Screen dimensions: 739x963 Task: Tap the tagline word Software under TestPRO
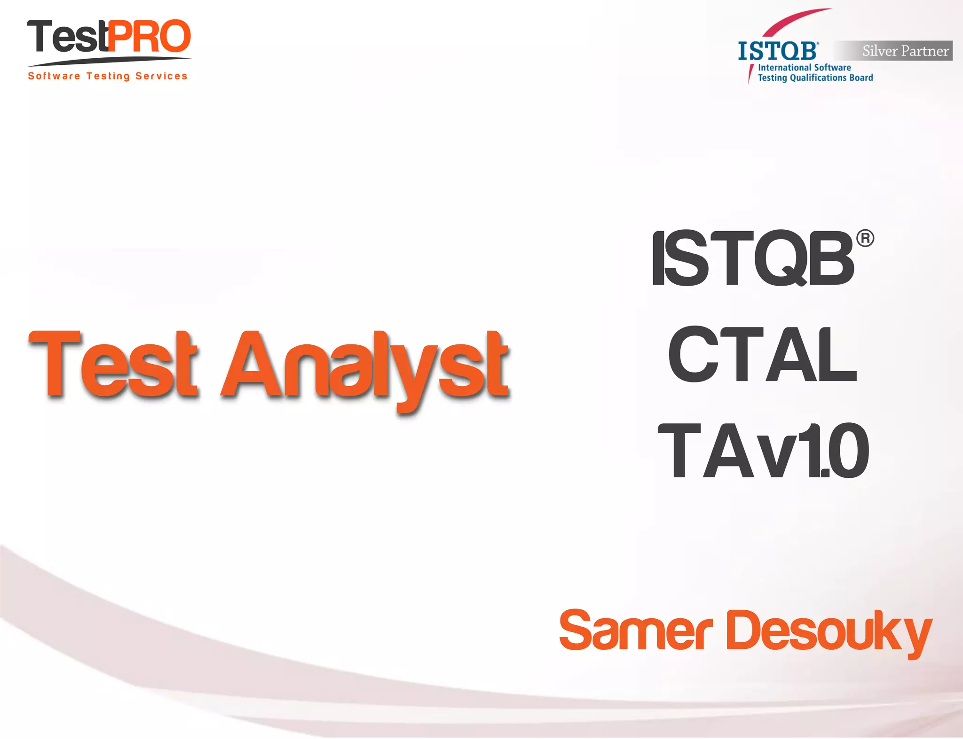54,76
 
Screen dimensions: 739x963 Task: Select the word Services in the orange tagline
161,76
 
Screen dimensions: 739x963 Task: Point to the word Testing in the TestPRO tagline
108,76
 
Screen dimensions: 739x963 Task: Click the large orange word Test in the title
113,365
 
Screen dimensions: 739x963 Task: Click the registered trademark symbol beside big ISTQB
865,238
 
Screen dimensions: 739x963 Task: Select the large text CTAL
762,355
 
